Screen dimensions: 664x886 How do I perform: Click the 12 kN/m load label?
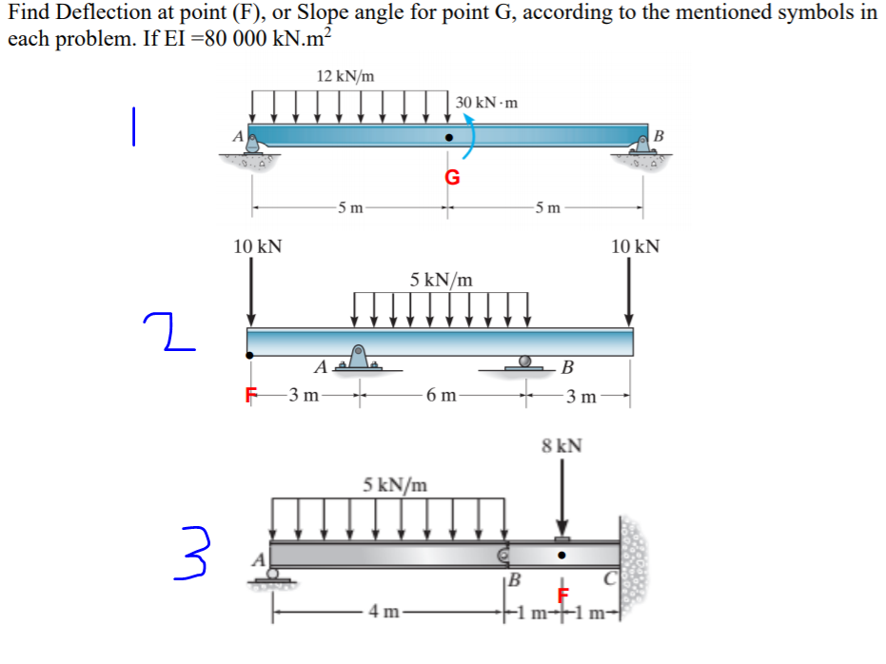tap(345, 75)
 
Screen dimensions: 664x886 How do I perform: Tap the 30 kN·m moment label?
tap(486, 102)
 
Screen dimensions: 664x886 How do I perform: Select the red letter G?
tap(452, 177)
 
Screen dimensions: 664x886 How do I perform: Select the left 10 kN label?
tap(257, 246)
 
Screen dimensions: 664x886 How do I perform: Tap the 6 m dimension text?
tap(443, 395)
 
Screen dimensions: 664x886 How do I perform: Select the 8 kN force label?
tap(561, 445)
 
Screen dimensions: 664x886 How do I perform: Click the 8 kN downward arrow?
tap(562, 498)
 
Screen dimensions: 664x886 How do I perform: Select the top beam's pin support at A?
tap(252, 145)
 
